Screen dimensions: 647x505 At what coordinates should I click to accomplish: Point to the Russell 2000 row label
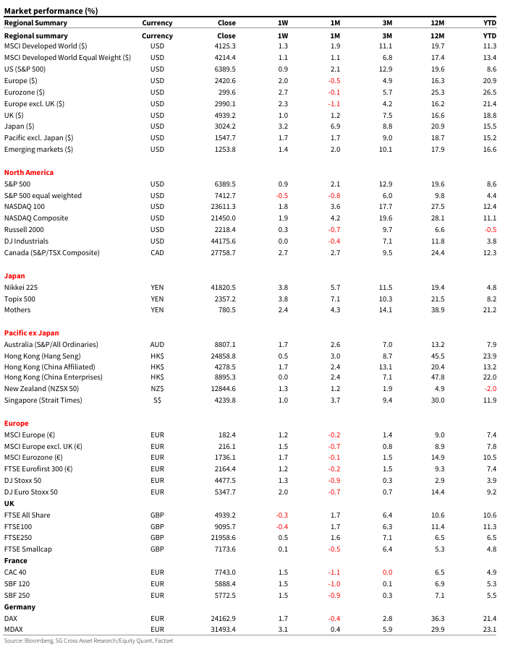click(26, 230)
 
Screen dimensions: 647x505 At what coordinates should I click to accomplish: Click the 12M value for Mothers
click(437, 310)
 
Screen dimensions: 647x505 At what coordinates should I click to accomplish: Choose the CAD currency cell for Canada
click(157, 253)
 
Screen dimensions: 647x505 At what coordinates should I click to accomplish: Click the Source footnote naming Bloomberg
click(89, 640)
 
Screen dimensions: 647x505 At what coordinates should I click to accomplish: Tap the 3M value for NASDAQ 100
click(387, 207)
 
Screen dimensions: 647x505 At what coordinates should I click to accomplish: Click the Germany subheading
click(20, 607)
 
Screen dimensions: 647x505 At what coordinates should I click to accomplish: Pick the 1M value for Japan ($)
click(335, 127)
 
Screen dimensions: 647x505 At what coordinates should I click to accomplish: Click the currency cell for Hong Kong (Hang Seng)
click(157, 356)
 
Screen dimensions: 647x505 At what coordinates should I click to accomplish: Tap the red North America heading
click(28, 173)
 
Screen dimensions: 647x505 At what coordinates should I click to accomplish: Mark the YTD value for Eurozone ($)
click(490, 93)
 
